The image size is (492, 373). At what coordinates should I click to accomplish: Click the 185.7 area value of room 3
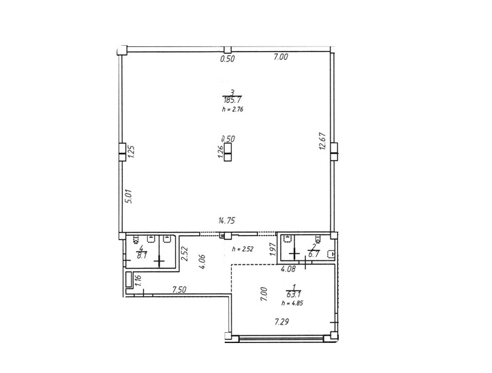pos(232,100)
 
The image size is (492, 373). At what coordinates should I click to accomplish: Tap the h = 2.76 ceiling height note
pos(232,110)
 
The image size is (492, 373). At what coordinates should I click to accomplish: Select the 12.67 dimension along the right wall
pos(323,142)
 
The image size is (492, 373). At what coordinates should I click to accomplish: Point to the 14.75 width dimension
pos(226,221)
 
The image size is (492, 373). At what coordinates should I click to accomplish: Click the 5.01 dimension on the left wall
pos(129,196)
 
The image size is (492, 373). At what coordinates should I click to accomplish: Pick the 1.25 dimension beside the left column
pos(131,151)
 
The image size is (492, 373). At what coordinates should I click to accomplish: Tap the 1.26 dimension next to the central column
pos(220,151)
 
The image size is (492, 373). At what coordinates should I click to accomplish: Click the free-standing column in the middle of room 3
pos(228,152)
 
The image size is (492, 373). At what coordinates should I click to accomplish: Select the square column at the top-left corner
pos(122,50)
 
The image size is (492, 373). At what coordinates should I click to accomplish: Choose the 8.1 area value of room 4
pos(142,255)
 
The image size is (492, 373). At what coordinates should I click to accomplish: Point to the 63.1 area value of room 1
pos(293,294)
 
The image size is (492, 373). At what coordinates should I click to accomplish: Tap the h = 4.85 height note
pos(292,303)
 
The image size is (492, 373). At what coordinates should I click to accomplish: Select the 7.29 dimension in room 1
pos(281,322)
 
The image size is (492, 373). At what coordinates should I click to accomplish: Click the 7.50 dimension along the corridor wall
pos(179,290)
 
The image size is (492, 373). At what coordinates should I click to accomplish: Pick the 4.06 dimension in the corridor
pos(202,262)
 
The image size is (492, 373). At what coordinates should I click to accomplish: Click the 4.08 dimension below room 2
pos(288,269)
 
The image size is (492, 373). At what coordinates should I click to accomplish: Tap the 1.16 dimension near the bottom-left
pos(139,280)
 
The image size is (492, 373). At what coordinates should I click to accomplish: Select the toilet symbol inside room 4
pos(136,239)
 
